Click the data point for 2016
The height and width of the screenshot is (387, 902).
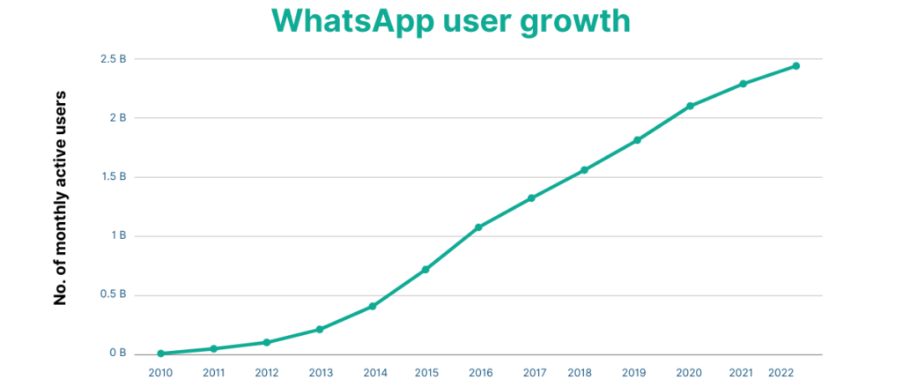(478, 227)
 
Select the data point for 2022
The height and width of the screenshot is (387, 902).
(795, 66)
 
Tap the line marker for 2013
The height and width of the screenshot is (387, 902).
(320, 330)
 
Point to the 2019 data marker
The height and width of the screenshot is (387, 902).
(637, 140)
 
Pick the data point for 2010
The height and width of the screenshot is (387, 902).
(161, 354)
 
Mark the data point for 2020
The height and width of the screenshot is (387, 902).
(690, 106)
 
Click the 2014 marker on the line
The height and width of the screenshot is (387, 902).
(373, 306)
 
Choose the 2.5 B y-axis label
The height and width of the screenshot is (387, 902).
(115, 58)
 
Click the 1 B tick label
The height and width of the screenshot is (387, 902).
(119, 235)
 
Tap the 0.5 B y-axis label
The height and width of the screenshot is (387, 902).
(115, 294)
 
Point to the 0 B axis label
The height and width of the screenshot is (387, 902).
(119, 353)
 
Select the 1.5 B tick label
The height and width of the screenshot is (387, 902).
(115, 176)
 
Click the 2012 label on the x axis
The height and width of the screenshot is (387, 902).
(267, 373)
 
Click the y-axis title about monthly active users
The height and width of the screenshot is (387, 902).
(61, 197)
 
